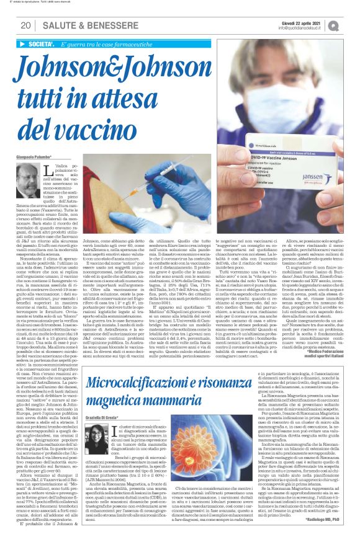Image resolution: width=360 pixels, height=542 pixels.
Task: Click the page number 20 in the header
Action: coord(25,25)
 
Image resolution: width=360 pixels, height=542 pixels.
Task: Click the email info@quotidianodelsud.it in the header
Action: coord(308,29)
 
